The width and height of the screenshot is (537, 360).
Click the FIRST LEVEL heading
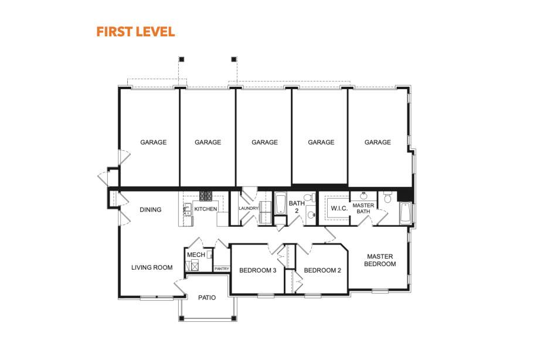tap(135, 32)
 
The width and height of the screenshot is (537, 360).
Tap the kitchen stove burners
tap(206, 196)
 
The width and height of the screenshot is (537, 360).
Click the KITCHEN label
tap(206, 209)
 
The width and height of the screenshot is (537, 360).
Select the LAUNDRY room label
tap(249, 208)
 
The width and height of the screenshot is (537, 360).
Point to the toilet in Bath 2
tap(310, 198)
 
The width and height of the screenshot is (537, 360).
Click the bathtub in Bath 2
tap(280, 204)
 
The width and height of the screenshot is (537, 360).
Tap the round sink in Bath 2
tap(311, 215)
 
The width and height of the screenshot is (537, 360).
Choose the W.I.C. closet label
tap(339, 208)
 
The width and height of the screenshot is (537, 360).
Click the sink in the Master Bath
tap(363, 196)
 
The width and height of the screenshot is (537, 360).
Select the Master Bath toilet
tap(388, 198)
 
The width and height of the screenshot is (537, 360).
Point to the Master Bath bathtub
tap(405, 213)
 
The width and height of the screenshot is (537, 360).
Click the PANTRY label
tap(222, 269)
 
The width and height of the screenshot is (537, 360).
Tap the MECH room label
tap(196, 255)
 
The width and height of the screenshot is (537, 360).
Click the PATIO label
tap(207, 298)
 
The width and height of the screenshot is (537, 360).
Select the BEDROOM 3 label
tap(257, 270)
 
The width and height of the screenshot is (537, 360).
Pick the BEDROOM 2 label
tap(322, 270)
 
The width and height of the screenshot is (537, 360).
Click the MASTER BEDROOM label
tap(380, 260)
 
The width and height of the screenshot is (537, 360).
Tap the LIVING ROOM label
tap(152, 267)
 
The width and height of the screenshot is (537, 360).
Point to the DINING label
tap(150, 210)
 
